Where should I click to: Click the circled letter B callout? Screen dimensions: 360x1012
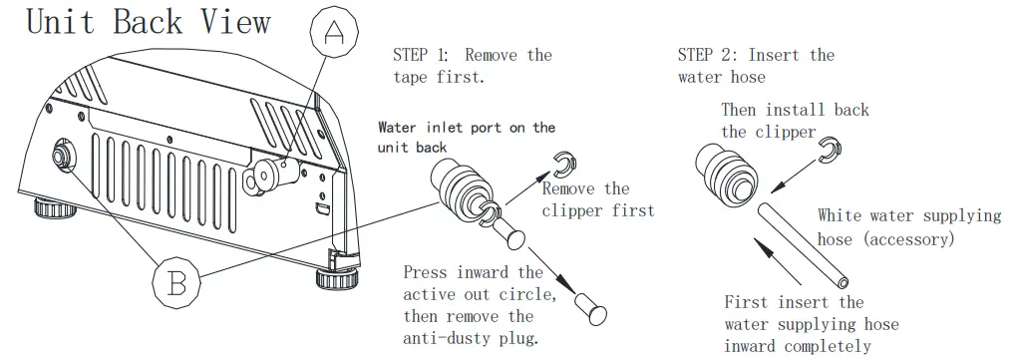coord(176,283)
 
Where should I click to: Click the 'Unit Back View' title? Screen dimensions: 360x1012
coord(149,23)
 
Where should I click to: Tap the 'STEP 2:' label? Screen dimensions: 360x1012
coord(707,55)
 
